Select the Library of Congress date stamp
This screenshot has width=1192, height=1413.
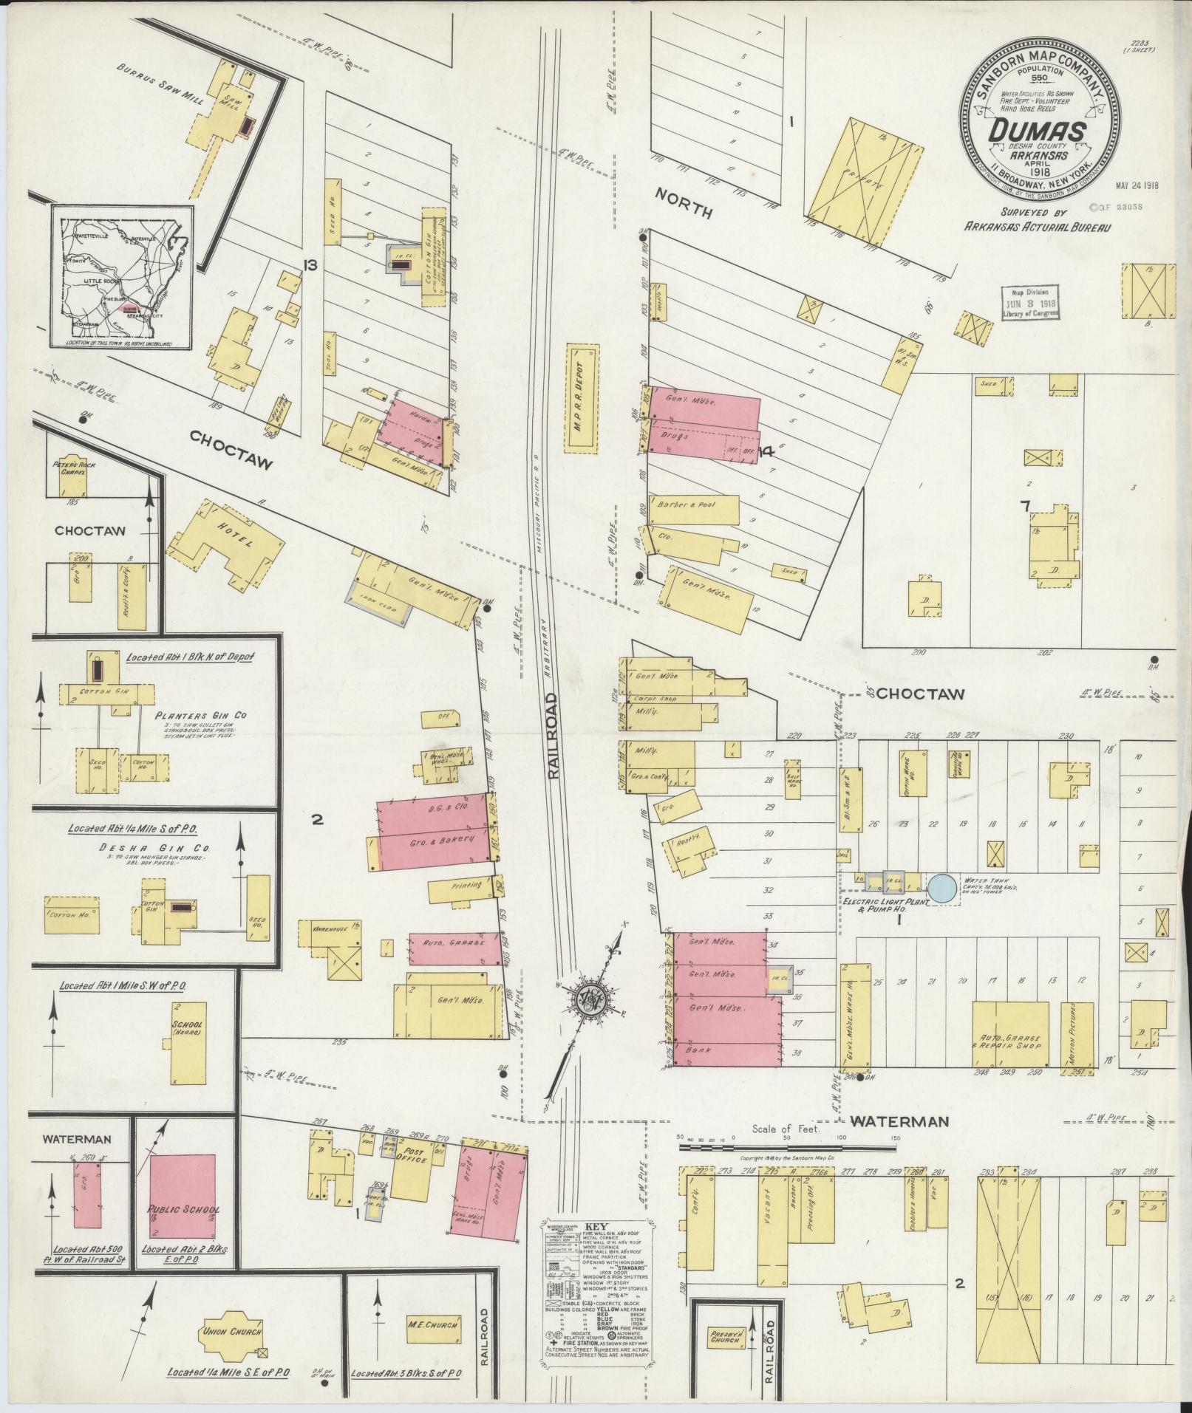1030,302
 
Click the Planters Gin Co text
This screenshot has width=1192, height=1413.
201,716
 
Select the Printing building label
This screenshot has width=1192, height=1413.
463,885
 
